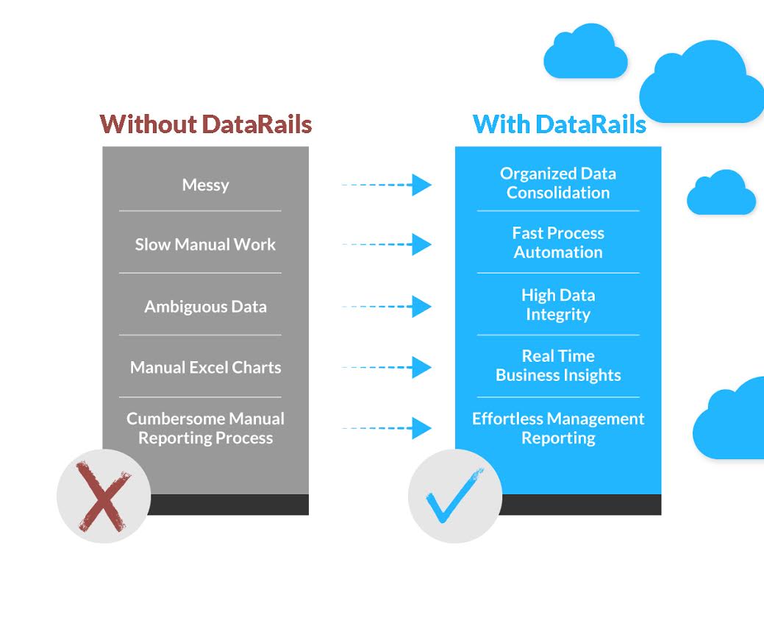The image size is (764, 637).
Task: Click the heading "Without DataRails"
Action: pyautogui.click(x=206, y=124)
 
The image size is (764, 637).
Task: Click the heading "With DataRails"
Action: pyautogui.click(x=559, y=124)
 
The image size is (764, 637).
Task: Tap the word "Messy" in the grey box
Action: pyautogui.click(x=206, y=185)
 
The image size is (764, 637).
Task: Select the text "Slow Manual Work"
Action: pyautogui.click(x=205, y=245)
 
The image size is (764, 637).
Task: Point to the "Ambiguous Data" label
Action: pyautogui.click(x=205, y=307)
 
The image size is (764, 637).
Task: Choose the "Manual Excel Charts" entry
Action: pyautogui.click(x=205, y=367)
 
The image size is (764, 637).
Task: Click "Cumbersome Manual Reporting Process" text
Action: pyautogui.click(x=205, y=428)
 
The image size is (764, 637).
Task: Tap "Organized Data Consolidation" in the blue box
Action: pyautogui.click(x=558, y=183)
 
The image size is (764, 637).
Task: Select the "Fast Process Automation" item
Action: pyautogui.click(x=558, y=243)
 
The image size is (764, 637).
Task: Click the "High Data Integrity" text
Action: pyautogui.click(x=558, y=305)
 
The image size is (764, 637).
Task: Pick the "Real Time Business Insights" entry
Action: pyautogui.click(x=558, y=366)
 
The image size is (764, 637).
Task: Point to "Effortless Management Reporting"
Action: pyautogui.click(x=558, y=428)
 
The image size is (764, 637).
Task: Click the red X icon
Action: pyautogui.click(x=104, y=496)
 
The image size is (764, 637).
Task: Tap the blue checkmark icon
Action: pyautogui.click(x=454, y=496)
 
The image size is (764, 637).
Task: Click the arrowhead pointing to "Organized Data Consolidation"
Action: pyautogui.click(x=421, y=185)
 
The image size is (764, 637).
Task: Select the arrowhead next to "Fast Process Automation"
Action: pyautogui.click(x=421, y=244)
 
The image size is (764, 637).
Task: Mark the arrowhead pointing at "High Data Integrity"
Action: pyautogui.click(x=421, y=306)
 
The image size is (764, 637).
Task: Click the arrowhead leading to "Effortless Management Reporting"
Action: pyautogui.click(x=421, y=427)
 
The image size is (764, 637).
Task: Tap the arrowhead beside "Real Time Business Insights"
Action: pyautogui.click(x=421, y=366)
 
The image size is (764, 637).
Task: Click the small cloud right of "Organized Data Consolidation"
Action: pyautogui.click(x=721, y=193)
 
